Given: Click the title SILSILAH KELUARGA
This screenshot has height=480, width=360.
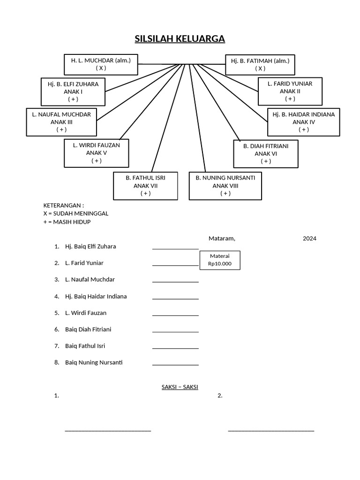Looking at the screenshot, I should pyautogui.click(x=180, y=39).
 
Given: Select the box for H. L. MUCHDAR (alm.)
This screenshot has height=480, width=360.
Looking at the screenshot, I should pyautogui.click(x=101, y=64).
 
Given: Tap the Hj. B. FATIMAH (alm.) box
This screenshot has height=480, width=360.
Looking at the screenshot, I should pyautogui.click(x=260, y=64).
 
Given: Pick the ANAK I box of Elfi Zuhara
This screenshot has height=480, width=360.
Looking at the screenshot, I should pyautogui.click(x=73, y=91).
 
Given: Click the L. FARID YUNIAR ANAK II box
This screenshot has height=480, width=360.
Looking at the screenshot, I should pyautogui.click(x=290, y=91).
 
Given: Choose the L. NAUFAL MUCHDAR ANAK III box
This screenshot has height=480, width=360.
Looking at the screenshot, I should pyautogui.click(x=61, y=122).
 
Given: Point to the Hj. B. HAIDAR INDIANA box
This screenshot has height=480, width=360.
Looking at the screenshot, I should pyautogui.click(x=303, y=122).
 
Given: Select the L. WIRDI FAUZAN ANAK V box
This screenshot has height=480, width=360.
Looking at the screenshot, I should pyautogui.click(x=96, y=153).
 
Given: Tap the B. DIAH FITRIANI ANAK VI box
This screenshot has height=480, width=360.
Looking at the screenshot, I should pyautogui.click(x=266, y=153).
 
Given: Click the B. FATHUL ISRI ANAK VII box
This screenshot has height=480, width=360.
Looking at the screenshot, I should pyautogui.click(x=145, y=186).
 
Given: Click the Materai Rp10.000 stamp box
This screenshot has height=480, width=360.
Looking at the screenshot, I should pyautogui.click(x=220, y=260).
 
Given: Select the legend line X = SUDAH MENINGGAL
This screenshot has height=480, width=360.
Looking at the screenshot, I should pyautogui.click(x=76, y=213).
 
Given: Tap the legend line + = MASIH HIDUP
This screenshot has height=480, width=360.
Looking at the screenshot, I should pyautogui.click(x=67, y=222).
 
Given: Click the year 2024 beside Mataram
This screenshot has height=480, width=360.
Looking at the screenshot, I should pyautogui.click(x=309, y=238).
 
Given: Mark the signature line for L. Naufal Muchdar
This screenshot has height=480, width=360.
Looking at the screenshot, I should pyautogui.click(x=175, y=282).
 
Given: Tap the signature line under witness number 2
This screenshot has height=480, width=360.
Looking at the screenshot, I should pyautogui.click(x=271, y=430).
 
